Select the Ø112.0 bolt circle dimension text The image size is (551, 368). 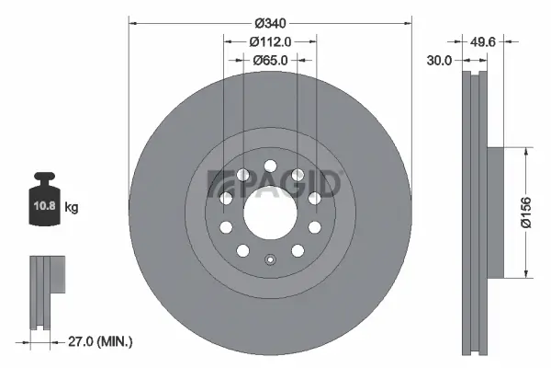tap(270, 41)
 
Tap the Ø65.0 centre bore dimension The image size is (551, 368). tap(270, 60)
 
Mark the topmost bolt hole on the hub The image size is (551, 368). tap(270, 167)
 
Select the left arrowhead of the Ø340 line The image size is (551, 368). tap(131, 22)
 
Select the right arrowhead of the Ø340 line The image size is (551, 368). tap(410, 22)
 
